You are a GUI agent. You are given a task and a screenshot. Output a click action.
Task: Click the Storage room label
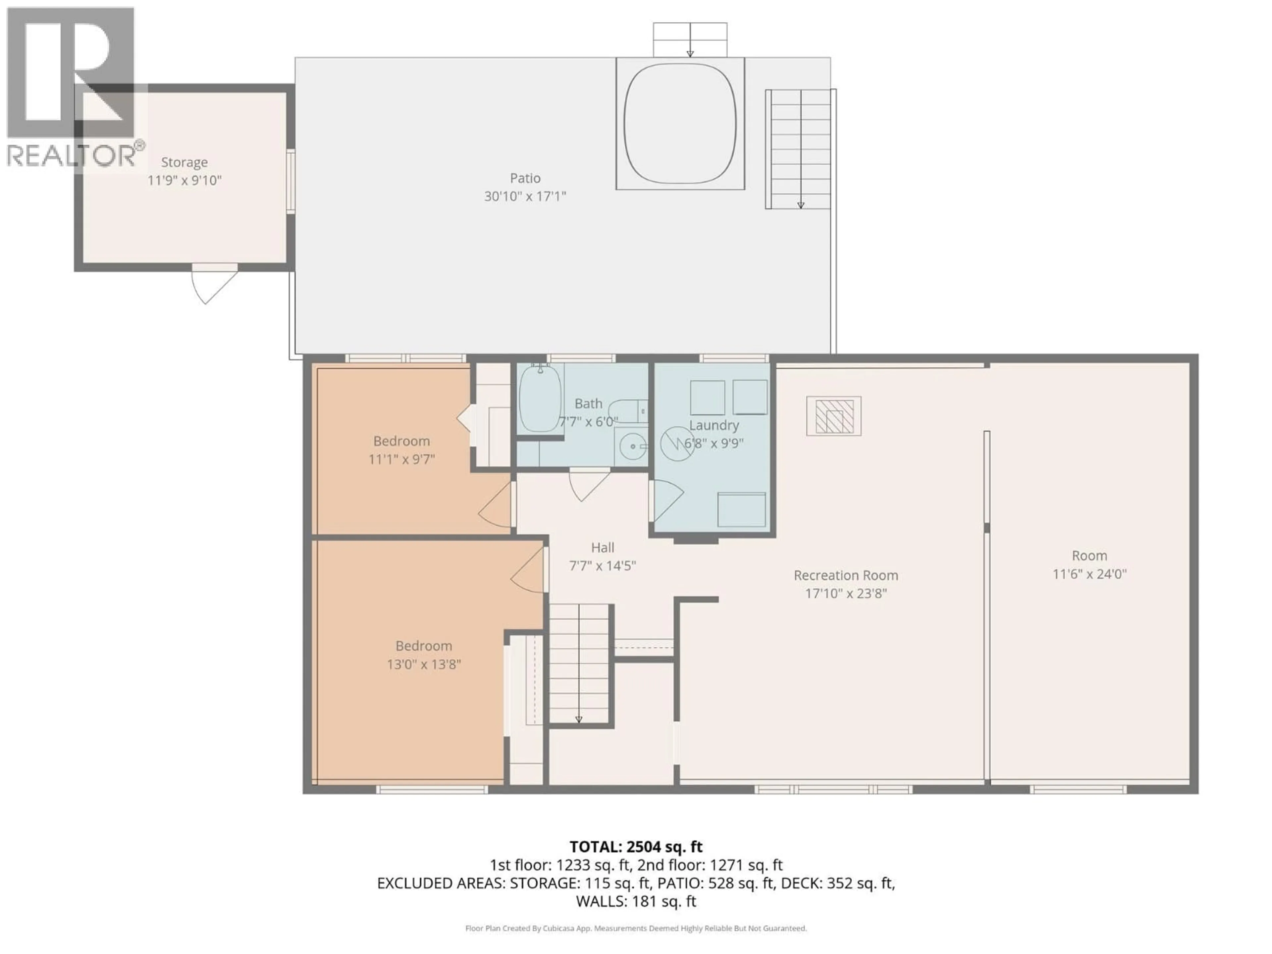[x=184, y=162]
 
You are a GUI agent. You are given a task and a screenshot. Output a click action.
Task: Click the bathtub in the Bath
[x=540, y=398]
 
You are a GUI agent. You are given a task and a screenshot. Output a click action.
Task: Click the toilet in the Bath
[x=628, y=411]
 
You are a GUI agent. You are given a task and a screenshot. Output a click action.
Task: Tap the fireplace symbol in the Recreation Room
[x=833, y=416]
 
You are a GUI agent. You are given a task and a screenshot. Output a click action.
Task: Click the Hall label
[x=602, y=548]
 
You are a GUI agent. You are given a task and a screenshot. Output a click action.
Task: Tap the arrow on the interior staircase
[x=578, y=719]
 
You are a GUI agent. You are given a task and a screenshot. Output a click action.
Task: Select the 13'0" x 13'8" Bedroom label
[x=423, y=646]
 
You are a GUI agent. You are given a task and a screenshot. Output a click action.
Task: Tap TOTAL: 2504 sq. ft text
[x=635, y=846]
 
